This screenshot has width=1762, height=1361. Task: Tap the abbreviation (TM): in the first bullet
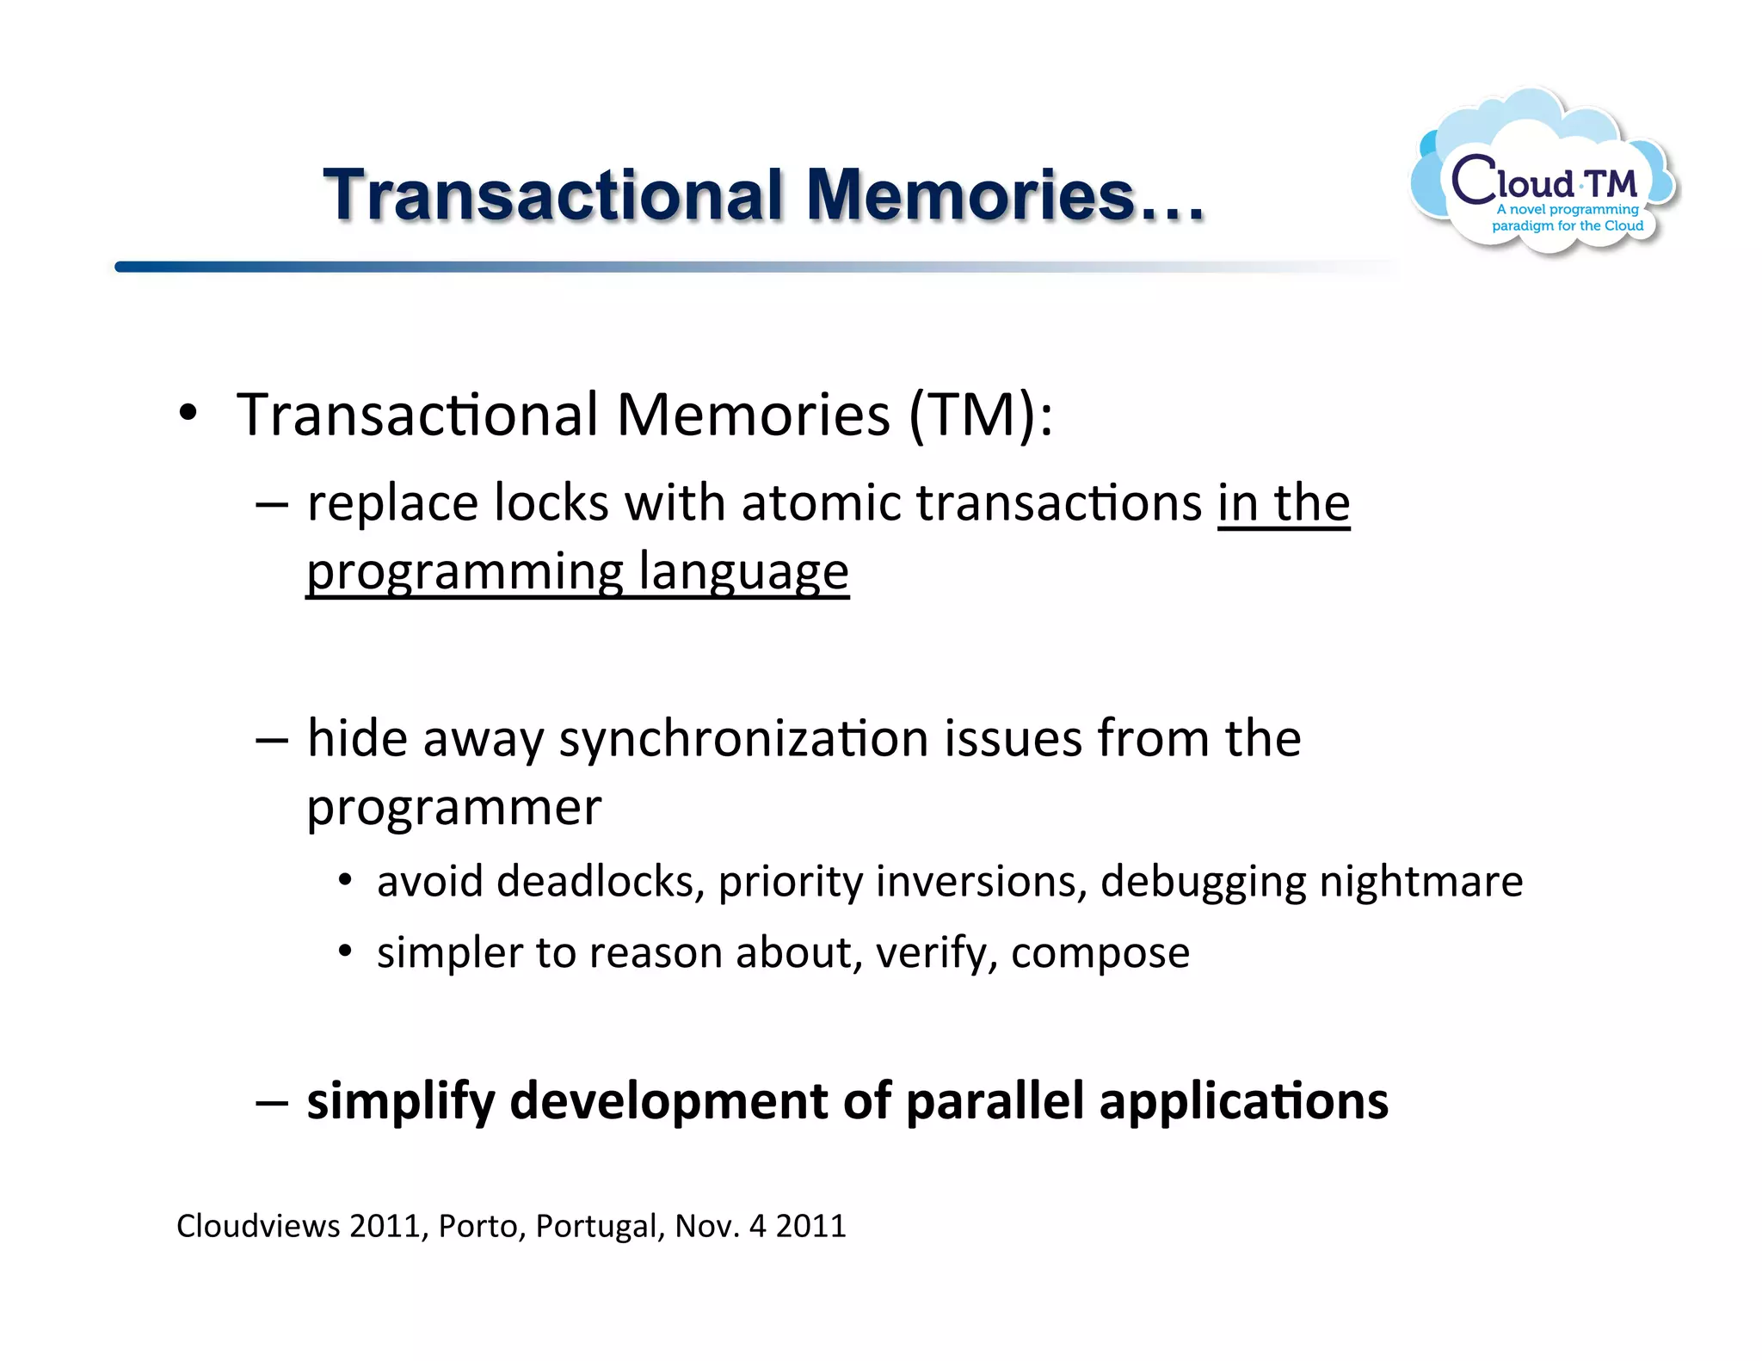pyautogui.click(x=981, y=416)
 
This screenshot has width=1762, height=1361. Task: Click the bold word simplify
pyautogui.click(x=400, y=1101)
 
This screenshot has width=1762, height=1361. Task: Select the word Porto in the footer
pyautogui.click(x=481, y=1226)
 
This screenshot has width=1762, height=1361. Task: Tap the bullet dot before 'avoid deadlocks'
pyautogui.click(x=345, y=880)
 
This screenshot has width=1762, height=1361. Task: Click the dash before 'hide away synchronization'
pyautogui.click(x=272, y=740)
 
